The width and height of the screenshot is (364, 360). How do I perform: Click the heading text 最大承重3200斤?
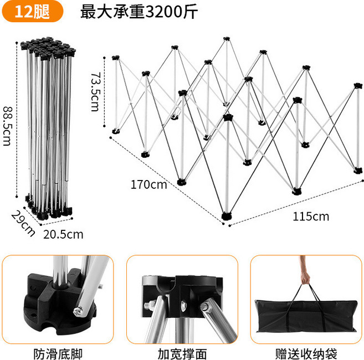(139, 12)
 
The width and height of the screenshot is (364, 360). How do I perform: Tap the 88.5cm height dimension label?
(7, 126)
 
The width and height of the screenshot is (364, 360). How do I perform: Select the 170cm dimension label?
(148, 184)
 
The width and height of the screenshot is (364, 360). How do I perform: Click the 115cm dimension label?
(310, 216)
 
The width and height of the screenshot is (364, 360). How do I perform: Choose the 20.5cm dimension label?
(63, 234)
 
